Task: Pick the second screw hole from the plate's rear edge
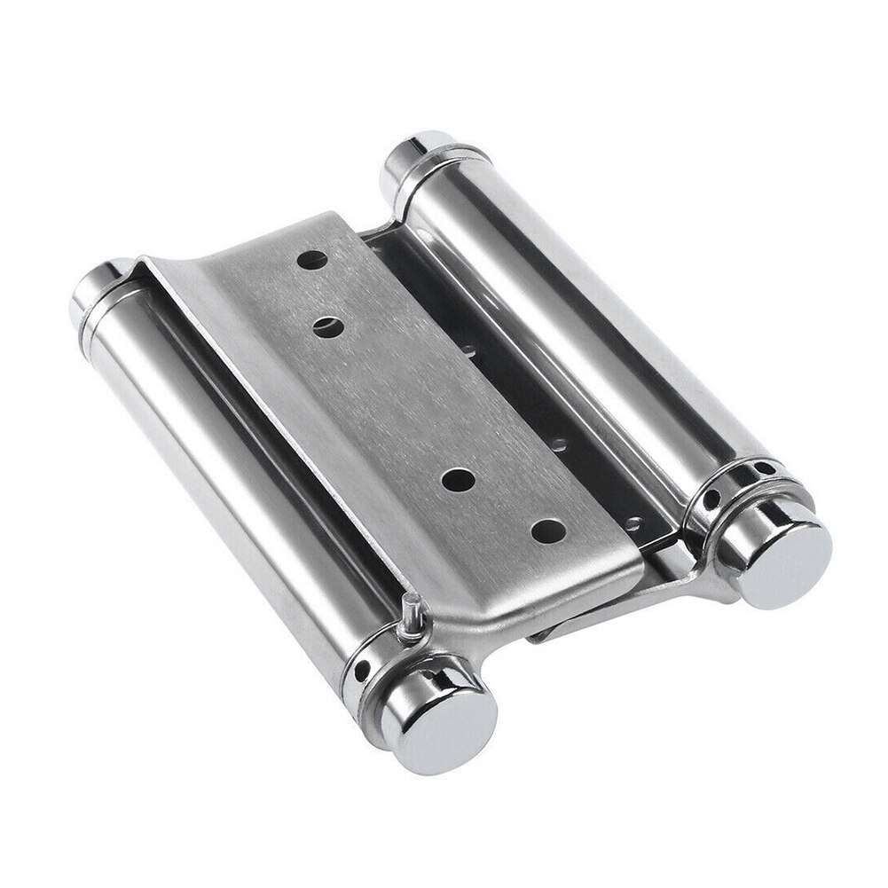[x=329, y=326]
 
